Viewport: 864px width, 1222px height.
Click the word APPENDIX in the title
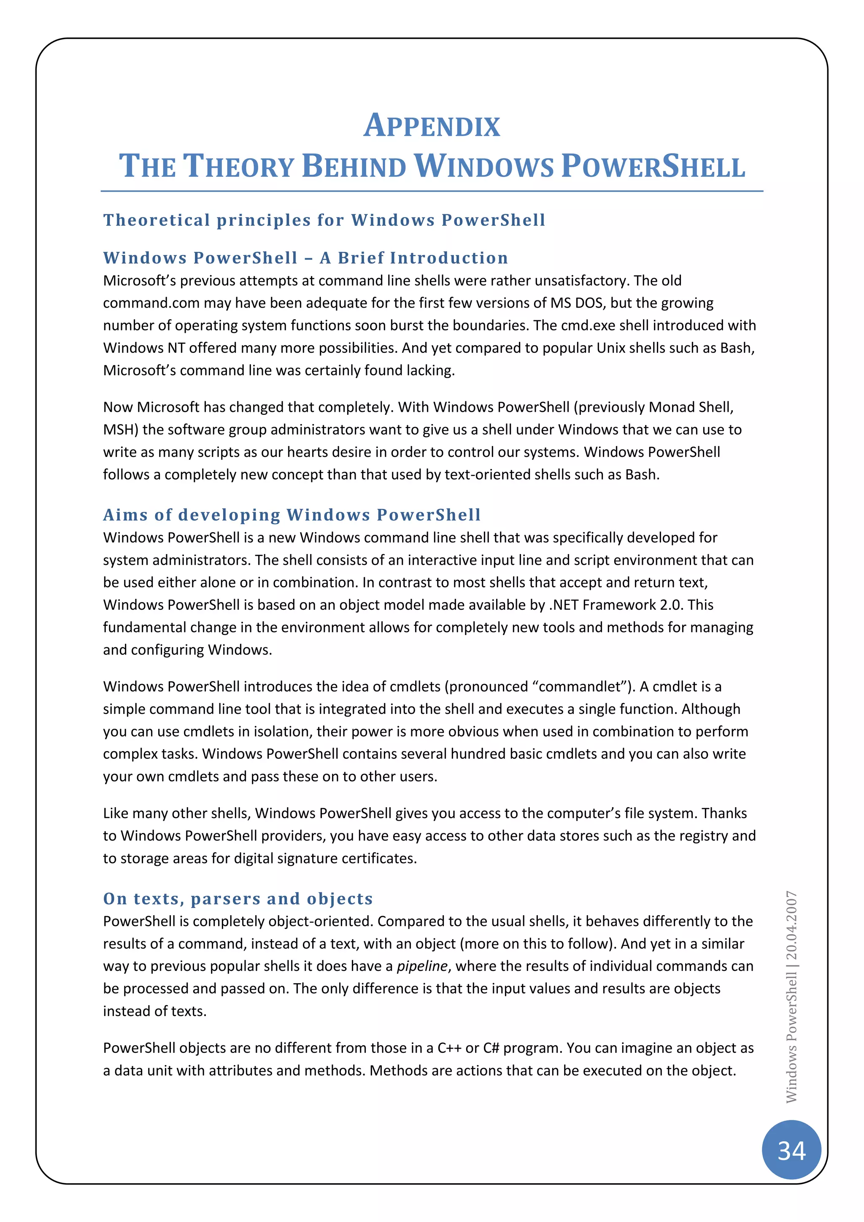432,126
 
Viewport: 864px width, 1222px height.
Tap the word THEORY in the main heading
238,166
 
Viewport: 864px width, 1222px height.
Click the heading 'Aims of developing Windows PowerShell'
292,515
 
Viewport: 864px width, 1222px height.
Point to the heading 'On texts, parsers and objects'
238,898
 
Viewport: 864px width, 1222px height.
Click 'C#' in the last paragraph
491,1048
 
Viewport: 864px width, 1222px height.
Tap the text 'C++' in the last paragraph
449,1048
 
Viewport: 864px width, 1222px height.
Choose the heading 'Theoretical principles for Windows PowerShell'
324,220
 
